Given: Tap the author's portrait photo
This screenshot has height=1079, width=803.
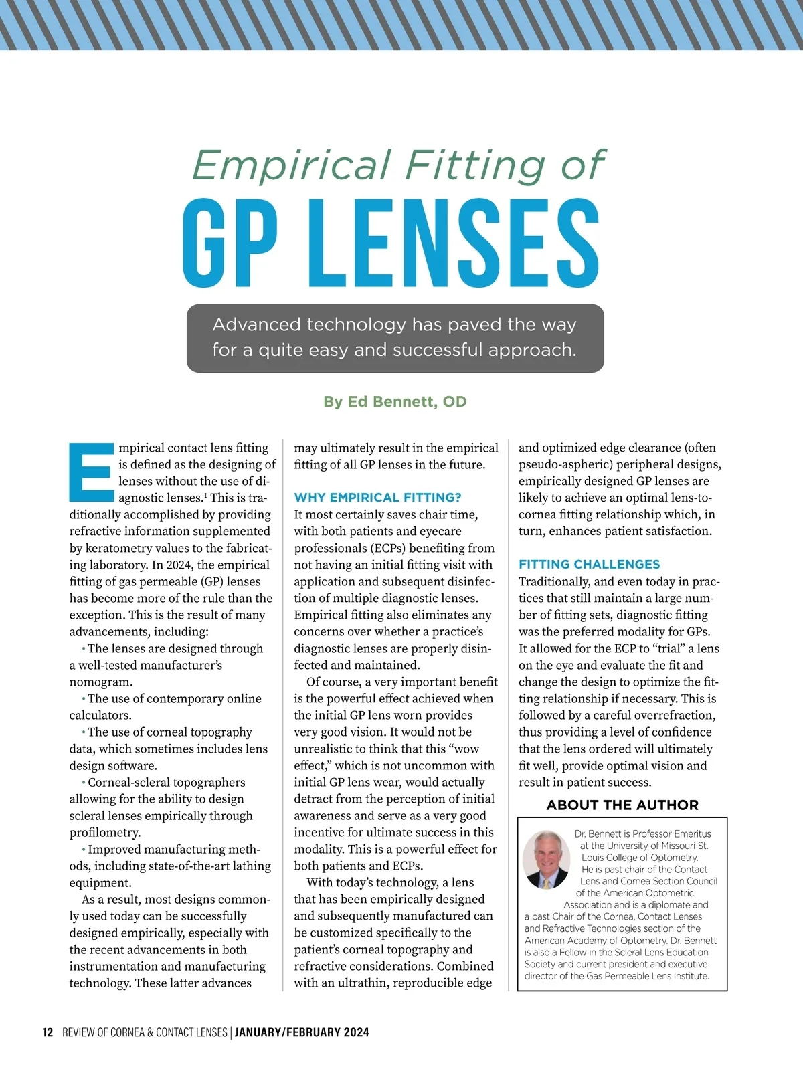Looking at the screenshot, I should point(546,860).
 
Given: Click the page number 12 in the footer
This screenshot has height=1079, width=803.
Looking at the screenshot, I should point(48,1032).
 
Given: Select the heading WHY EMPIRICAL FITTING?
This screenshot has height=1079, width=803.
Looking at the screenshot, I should point(377,498).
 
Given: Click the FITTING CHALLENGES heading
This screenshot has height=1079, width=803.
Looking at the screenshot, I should point(589,565).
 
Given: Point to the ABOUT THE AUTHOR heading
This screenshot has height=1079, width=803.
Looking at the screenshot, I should point(622,805).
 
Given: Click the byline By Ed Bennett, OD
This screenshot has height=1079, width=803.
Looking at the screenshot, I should point(395,402).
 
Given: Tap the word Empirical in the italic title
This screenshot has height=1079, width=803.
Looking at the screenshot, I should point(291,165).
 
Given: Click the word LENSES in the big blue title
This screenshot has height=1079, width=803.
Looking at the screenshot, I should point(455,244).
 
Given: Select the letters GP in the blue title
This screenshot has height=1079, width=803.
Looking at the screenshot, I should point(230,244).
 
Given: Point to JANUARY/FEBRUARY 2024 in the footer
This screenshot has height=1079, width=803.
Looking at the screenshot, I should point(302,1032).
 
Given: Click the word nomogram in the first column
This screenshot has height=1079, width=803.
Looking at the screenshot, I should point(100,682).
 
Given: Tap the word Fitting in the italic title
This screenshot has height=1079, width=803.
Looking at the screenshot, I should point(475,165).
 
